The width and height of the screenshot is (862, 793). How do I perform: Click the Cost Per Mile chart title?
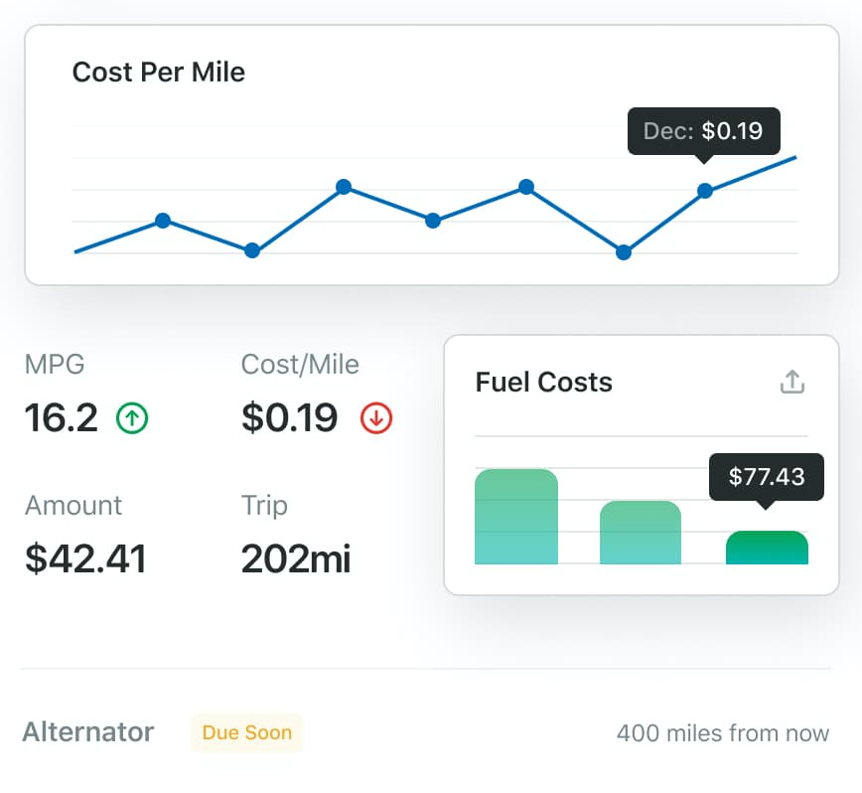[159, 73]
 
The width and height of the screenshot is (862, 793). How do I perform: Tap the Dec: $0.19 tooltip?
[703, 131]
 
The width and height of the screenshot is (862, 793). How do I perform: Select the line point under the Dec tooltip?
[705, 191]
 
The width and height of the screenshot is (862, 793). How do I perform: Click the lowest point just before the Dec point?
[624, 252]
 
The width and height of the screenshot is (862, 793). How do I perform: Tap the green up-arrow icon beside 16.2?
[132, 418]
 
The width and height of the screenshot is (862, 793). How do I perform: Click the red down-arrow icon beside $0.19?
[376, 418]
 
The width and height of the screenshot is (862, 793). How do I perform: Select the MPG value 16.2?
[62, 418]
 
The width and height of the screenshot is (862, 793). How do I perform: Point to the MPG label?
[55, 365]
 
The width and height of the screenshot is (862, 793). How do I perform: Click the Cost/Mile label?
[300, 365]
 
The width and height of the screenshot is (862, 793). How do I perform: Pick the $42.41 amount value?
[85, 558]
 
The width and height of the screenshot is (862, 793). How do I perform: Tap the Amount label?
[73, 505]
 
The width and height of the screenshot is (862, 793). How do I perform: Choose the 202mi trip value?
[296, 558]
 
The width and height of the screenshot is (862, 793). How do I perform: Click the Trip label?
[264, 505]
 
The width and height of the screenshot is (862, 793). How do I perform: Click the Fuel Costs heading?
[544, 383]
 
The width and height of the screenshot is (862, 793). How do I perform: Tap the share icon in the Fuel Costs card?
[791, 382]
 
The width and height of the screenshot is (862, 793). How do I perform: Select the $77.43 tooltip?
[766, 477]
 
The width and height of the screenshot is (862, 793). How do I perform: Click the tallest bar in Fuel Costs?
[516, 517]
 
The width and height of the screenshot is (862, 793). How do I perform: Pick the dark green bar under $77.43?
[767, 549]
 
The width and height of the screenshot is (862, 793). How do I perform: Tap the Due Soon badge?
[247, 733]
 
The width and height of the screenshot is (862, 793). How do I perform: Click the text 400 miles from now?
[722, 733]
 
